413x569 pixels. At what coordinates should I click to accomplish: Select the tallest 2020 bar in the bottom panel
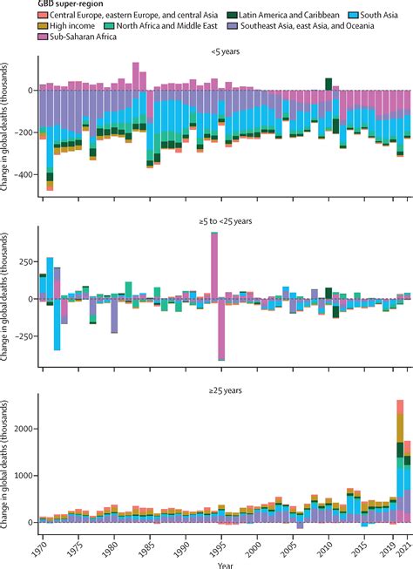click(400, 462)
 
